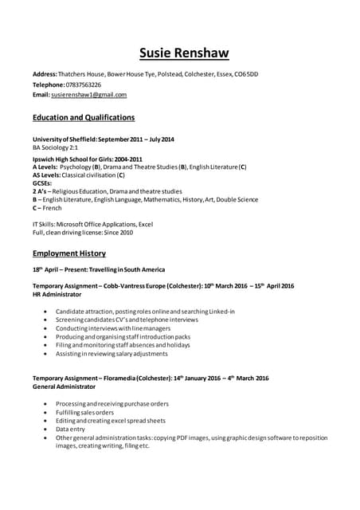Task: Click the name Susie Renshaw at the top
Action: coord(184,53)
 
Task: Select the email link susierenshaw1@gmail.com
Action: coord(88,94)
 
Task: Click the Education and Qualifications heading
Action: coord(84,117)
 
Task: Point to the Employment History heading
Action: coord(69,253)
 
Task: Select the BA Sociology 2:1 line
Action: coord(55,148)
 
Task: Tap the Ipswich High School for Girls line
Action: coord(88,159)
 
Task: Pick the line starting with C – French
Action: coord(47,207)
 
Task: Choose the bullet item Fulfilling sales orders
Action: coord(84,412)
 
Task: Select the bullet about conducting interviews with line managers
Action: coord(112,328)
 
